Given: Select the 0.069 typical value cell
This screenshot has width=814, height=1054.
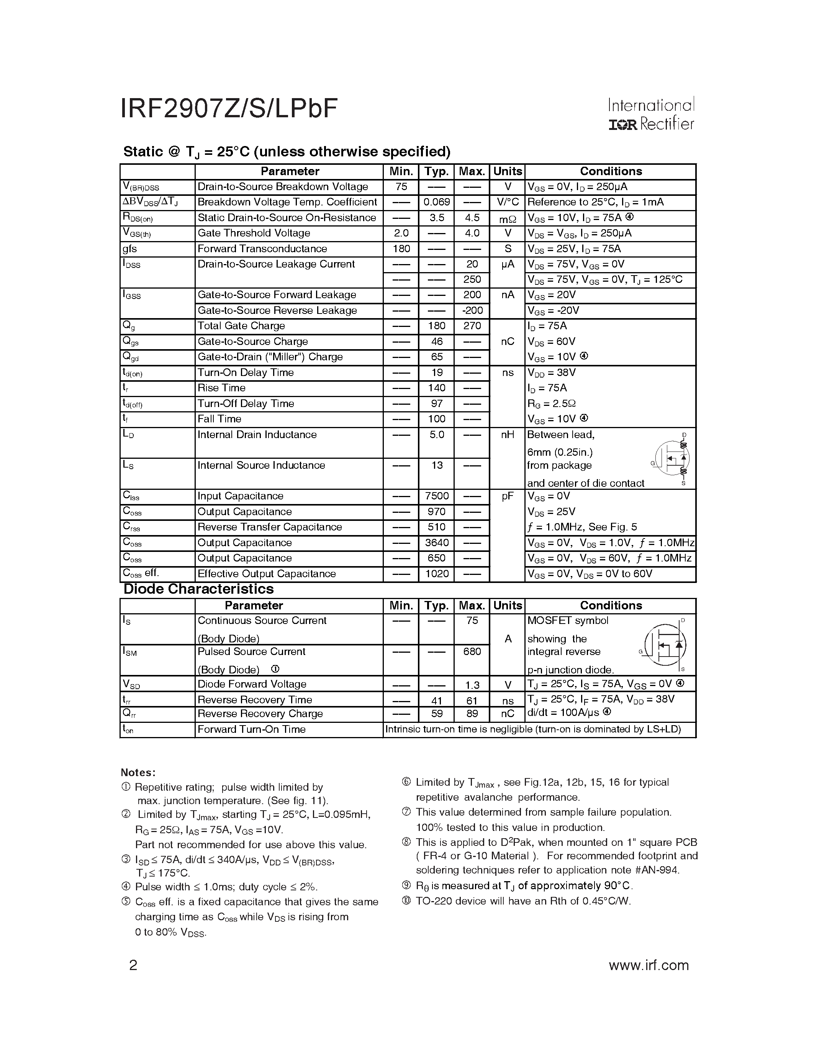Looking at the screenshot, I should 436,202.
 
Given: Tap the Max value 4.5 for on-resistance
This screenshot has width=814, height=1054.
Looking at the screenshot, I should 472,218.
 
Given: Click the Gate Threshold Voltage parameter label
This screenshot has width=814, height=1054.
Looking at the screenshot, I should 254,233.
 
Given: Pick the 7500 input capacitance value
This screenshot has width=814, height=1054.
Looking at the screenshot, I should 436,496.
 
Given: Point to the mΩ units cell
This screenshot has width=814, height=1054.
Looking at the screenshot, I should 507,218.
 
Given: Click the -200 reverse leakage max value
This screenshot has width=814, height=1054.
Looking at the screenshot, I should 472,310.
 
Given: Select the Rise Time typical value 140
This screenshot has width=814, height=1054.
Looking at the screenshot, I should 436,388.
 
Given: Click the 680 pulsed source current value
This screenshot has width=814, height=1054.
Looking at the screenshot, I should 472,652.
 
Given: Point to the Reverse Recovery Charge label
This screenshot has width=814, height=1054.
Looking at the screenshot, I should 260,714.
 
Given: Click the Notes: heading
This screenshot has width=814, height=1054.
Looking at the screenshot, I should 138,773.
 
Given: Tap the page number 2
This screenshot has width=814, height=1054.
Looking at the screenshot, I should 133,965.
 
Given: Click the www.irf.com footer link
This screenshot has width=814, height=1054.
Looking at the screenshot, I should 649,965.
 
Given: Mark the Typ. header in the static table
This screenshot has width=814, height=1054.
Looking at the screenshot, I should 436,172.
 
